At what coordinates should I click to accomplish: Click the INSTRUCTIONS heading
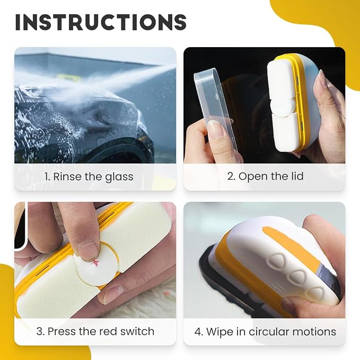tap(101, 22)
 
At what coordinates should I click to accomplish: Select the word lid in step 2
tap(296, 176)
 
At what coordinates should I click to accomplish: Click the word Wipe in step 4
tap(218, 332)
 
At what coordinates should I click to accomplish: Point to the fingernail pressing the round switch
tap(87, 252)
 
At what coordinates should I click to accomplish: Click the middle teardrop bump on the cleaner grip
tap(298, 277)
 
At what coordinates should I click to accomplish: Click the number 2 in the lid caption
tap(231, 177)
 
